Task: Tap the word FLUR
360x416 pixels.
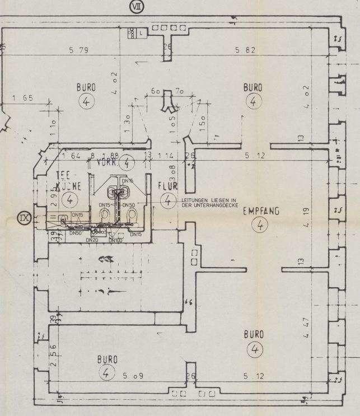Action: pos(167,186)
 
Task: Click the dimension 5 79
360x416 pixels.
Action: pos(78,50)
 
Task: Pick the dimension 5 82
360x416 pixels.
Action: pos(245,50)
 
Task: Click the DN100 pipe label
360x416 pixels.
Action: pos(116,240)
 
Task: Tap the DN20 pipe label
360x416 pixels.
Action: pos(92,240)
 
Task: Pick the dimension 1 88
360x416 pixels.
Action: pos(113,156)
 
